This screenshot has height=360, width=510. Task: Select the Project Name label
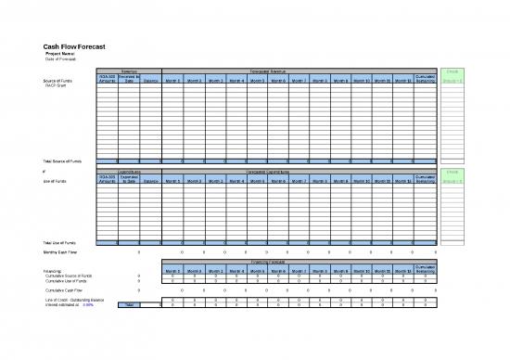61,54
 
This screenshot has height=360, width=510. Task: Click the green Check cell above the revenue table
456,70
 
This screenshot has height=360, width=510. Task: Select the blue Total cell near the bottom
129,305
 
